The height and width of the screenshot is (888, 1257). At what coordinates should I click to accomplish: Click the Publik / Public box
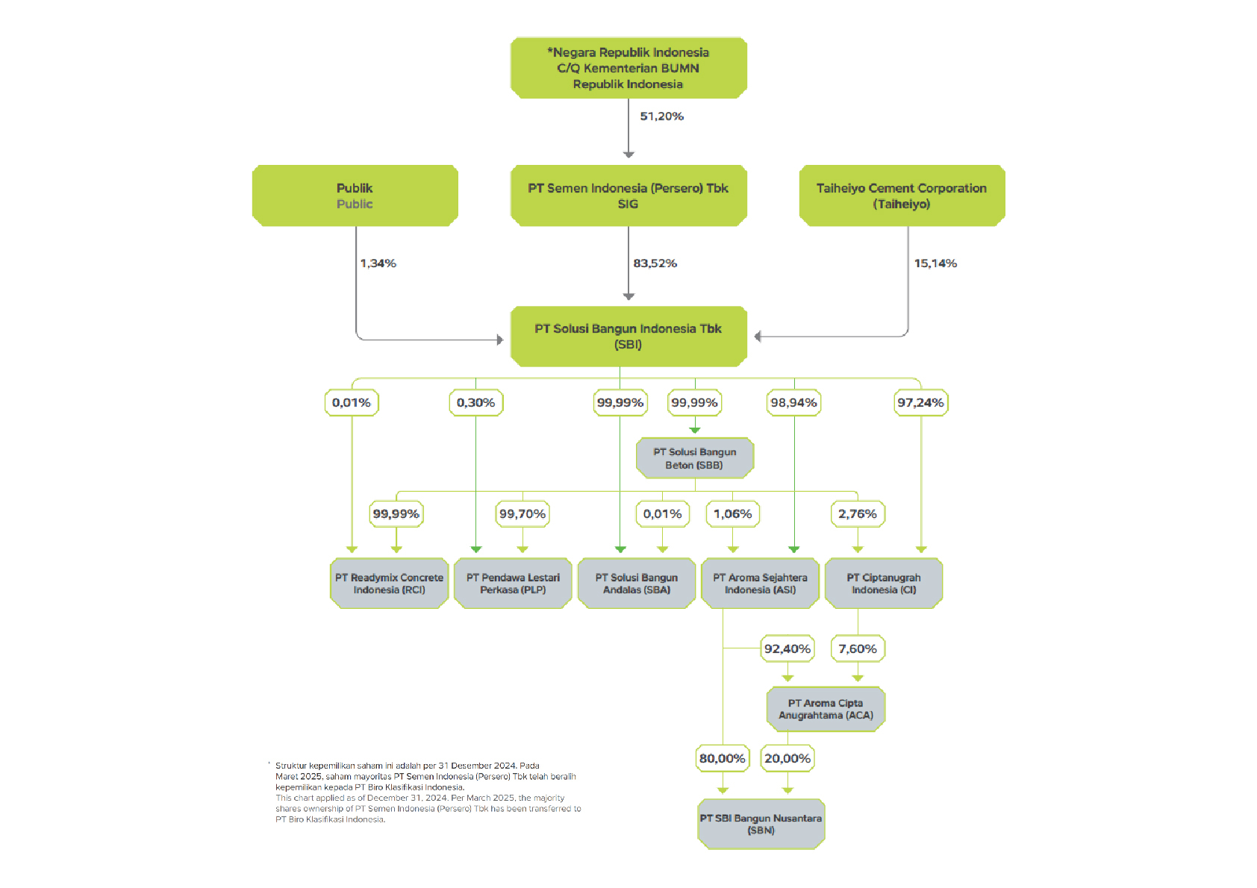pos(355,196)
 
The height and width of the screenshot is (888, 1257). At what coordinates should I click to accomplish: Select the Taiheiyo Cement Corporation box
pos(902,196)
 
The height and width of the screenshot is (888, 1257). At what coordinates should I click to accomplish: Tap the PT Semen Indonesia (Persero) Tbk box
pos(628,196)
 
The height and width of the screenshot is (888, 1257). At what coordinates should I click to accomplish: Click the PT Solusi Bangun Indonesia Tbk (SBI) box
pos(628,337)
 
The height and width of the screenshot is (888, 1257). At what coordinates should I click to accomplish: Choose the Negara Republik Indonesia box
pos(628,68)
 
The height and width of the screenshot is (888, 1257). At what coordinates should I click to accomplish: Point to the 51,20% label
pos(661,116)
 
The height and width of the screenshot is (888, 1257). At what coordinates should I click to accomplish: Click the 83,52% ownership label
pos(655,263)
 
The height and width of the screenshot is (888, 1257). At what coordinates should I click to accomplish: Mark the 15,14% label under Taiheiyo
pos(935,263)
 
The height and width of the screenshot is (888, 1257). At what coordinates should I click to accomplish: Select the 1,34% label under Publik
pos(378,263)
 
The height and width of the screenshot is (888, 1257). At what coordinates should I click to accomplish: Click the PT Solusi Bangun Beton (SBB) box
pos(695,458)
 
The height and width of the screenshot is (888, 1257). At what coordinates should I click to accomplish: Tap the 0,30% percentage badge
pos(476,403)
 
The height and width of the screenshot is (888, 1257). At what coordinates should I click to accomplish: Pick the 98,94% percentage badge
pos(793,403)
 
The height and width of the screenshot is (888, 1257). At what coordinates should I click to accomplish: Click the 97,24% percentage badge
pos(921,403)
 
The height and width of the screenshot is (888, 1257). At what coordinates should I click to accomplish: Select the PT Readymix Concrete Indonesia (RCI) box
pos(390,584)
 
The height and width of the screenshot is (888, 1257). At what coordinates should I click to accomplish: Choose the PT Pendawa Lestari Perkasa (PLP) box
pos(513,584)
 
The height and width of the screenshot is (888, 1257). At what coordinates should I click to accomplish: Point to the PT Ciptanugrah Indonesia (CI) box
pos(884,584)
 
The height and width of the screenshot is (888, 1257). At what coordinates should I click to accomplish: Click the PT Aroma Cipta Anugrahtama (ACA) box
pos(826,709)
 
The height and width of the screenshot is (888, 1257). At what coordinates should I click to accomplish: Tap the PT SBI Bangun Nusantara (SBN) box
pos(761,824)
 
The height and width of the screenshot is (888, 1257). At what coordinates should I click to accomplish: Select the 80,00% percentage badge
pos(723,758)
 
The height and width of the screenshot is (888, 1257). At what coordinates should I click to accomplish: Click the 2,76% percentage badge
pos(858,514)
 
